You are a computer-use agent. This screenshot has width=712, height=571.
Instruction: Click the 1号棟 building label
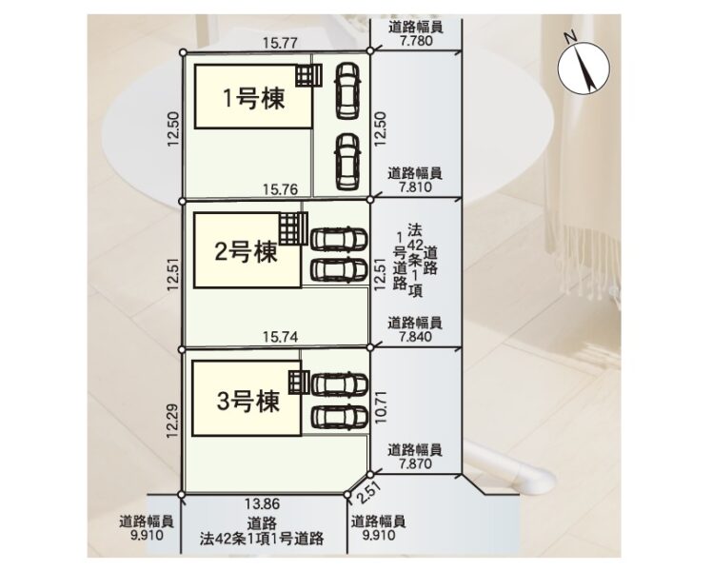pyautogui.click(x=254, y=98)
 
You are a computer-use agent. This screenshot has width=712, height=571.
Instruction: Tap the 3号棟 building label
pyautogui.click(x=247, y=402)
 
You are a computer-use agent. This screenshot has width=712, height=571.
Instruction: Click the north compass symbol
pyautogui.click(x=583, y=68)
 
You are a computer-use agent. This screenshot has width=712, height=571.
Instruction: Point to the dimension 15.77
pyautogui.click(x=280, y=43)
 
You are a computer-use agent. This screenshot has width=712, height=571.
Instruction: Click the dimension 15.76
pyautogui.click(x=280, y=189)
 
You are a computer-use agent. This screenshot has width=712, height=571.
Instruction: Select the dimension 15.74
pyautogui.click(x=280, y=337)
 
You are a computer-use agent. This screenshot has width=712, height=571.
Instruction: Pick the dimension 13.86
pyautogui.click(x=263, y=503)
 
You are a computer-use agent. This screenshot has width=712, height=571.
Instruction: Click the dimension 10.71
pyautogui.click(x=382, y=407)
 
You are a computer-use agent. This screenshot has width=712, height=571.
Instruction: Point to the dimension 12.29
pyautogui.click(x=172, y=422)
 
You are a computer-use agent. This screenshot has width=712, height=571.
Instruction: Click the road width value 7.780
pyautogui.click(x=416, y=40)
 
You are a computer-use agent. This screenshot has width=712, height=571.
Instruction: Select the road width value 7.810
pyautogui.click(x=415, y=187)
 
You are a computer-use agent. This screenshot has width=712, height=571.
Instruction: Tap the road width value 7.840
pyautogui.click(x=415, y=336)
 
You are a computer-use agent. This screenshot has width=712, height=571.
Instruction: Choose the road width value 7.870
pyautogui.click(x=415, y=463)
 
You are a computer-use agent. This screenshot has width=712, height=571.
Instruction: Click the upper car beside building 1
pyautogui.click(x=347, y=90)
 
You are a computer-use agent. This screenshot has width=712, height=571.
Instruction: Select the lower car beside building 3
pyautogui.click(x=339, y=417)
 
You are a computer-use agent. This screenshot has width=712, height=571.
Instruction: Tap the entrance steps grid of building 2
pyautogui.click(x=293, y=228)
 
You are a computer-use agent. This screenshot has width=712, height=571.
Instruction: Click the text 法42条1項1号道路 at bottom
pyautogui.click(x=262, y=539)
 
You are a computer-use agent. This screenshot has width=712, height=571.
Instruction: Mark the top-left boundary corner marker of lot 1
pyautogui.click(x=183, y=52)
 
